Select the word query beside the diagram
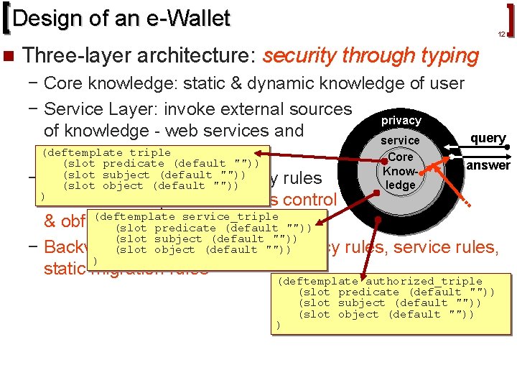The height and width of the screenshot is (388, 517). coord(488,138)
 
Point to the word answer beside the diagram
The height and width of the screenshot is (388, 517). coord(488,165)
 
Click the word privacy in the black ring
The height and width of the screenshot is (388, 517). coord(401,121)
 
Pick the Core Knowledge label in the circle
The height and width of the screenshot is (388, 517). coord(400,171)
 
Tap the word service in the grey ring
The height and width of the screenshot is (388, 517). coord(400,140)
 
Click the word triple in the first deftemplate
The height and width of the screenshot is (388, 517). coord(149,152)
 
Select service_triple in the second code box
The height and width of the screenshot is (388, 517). coord(230,216)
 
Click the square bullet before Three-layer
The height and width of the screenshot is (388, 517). coord(9,55)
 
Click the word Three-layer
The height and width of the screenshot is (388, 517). coord(68,55)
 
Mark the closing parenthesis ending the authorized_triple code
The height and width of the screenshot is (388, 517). coord(279,325)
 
